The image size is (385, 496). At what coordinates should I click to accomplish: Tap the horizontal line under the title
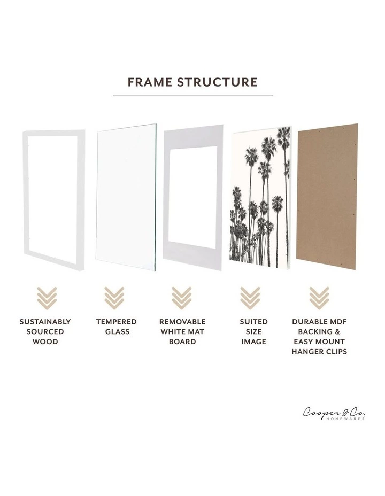(192, 95)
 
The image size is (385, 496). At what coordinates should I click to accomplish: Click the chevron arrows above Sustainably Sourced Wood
(45, 298)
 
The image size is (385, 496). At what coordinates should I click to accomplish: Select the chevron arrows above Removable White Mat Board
(182, 298)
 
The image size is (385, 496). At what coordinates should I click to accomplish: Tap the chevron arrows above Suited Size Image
(250, 298)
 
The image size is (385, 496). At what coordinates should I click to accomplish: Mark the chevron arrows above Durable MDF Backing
(319, 298)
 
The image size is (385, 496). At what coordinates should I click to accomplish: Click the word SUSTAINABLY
(45, 322)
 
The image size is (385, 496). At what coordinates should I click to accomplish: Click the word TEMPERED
(116, 322)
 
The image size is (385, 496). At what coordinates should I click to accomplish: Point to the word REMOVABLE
(182, 322)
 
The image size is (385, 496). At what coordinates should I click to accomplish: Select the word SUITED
(254, 322)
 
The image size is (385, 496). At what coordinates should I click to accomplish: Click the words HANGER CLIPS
(319, 352)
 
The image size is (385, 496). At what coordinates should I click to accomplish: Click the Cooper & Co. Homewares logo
(335, 414)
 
